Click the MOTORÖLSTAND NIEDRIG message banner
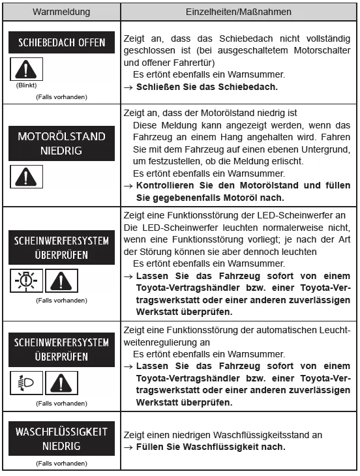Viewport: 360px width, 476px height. [x=61, y=143]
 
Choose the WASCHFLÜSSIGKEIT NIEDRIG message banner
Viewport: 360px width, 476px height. [x=61, y=439]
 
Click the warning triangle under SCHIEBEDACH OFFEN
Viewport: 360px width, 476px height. [x=23, y=70]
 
